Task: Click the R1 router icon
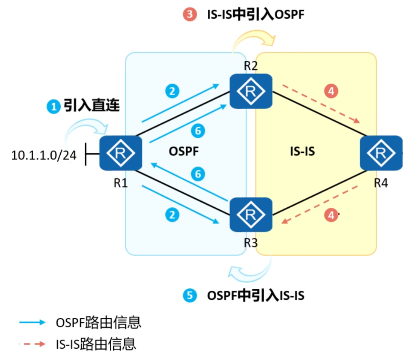point(121,153)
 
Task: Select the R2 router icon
point(251,91)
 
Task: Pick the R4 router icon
point(381,153)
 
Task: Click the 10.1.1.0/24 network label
point(44,155)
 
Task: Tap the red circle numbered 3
point(190,15)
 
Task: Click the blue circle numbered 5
point(190,296)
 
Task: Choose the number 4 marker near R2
point(331,91)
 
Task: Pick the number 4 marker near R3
point(331,215)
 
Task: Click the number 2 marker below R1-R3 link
point(172,215)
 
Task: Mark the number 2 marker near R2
point(172,91)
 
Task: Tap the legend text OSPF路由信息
point(98,323)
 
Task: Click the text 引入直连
point(92,106)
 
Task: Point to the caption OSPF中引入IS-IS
point(256,296)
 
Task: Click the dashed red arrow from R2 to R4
point(320,103)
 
